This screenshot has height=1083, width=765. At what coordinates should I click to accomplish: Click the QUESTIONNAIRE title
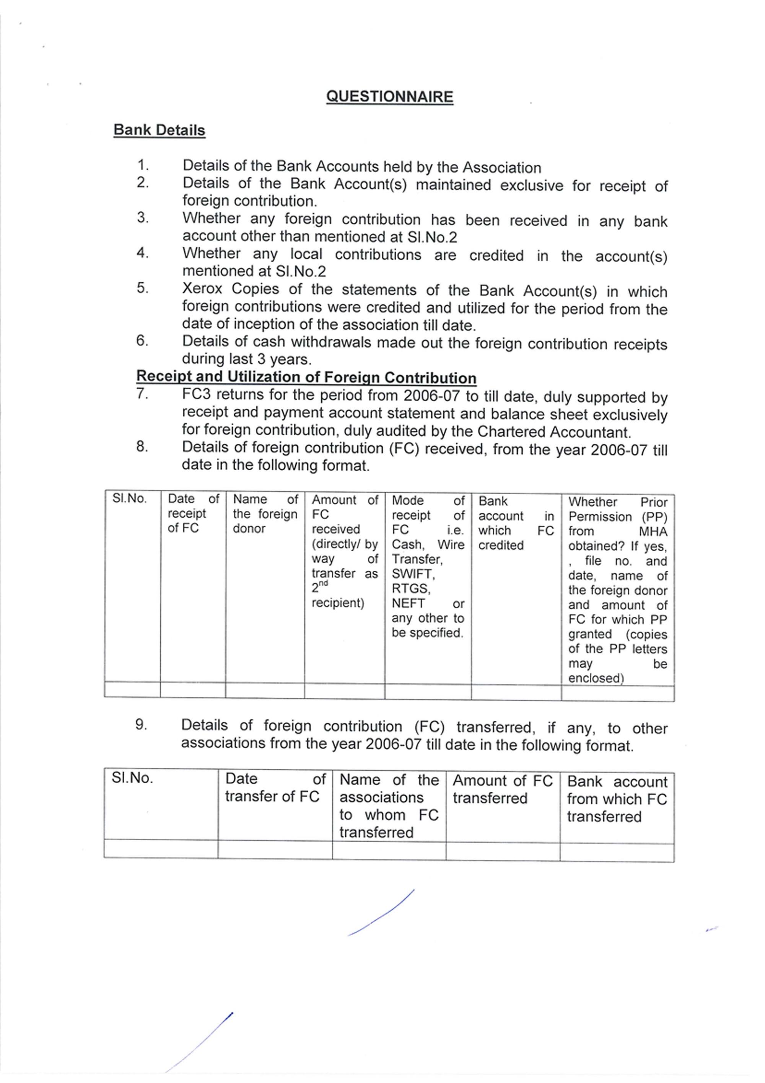coord(389,97)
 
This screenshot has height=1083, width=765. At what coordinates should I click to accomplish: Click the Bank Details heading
coord(160,130)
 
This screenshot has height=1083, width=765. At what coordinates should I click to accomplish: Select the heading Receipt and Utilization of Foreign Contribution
coord(306,377)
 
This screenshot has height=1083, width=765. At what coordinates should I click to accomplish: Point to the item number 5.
coord(142,288)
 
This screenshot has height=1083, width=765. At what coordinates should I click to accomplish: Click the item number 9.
coord(141,725)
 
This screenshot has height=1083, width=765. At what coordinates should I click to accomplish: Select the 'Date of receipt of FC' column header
coord(193,513)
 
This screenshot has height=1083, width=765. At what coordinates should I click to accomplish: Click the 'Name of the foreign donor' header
coord(265,514)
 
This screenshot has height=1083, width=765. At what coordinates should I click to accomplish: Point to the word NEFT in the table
coord(408,603)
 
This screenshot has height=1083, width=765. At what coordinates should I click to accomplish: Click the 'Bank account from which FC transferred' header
coord(617,799)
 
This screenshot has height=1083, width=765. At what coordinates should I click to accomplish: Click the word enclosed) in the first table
coord(595,678)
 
